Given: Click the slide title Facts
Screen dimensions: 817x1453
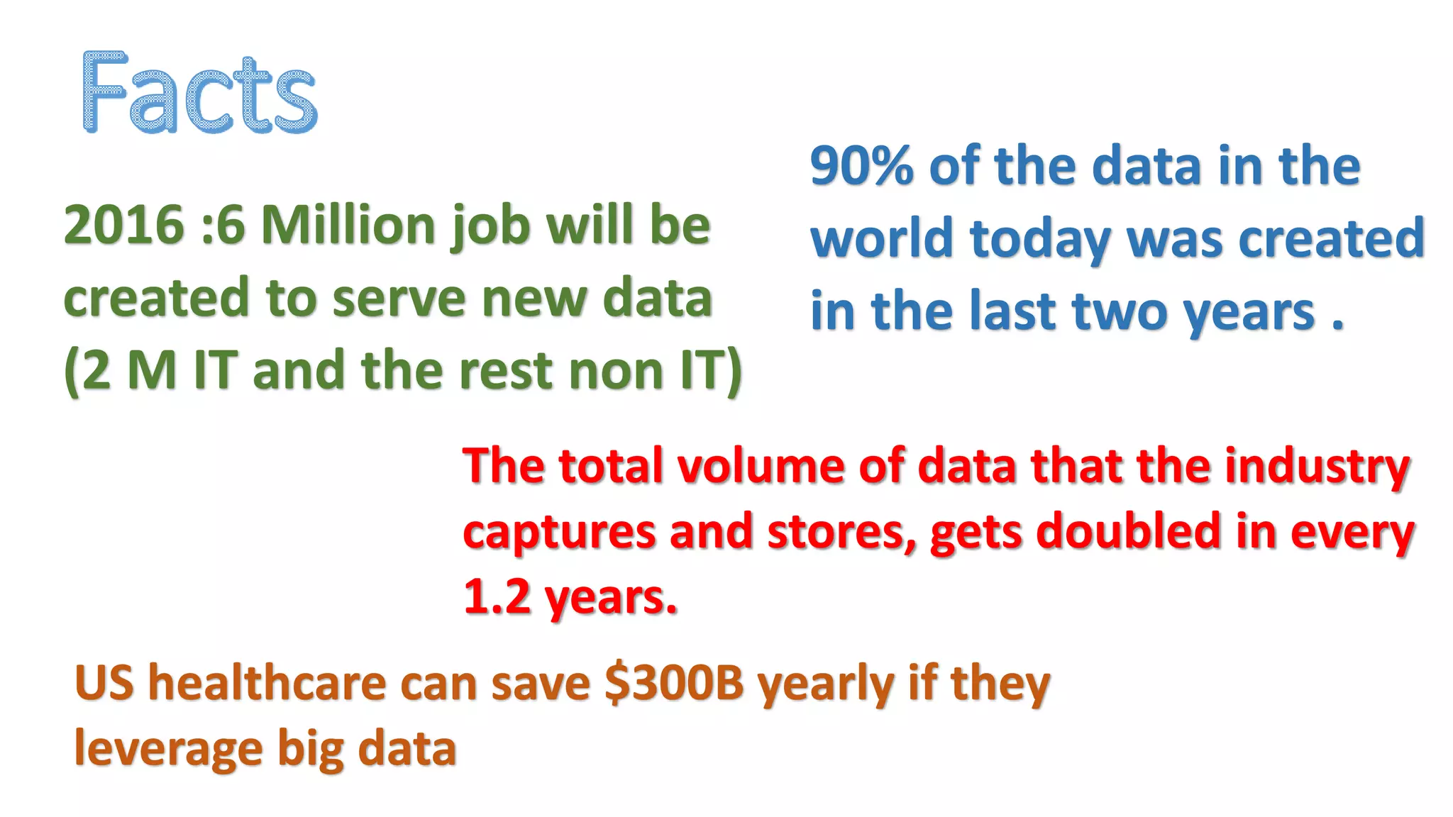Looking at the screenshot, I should (200, 93).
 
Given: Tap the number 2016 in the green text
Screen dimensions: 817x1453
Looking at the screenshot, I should (124, 226).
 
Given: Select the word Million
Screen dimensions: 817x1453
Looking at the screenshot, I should (348, 226).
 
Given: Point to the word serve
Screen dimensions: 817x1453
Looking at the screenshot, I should (399, 299).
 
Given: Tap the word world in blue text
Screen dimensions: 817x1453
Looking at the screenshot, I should (883, 238).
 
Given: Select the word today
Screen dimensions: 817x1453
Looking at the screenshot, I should (1041, 240).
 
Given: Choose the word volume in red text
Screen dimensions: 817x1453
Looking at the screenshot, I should (761, 467).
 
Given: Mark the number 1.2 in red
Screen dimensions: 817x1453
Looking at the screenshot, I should (497, 597).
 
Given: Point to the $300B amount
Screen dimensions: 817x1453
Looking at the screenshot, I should (674, 684).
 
